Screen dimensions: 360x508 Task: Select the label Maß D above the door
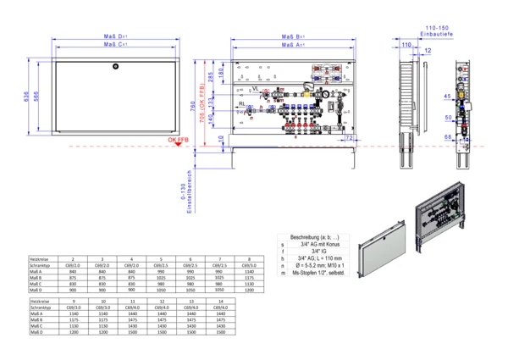[116, 37]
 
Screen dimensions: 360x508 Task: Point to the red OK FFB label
[179, 139]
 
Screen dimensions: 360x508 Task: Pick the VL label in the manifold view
[255, 88]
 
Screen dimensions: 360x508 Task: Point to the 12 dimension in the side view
[427, 52]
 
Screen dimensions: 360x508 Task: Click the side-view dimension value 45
[446, 95]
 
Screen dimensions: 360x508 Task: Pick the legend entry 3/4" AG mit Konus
[315, 244]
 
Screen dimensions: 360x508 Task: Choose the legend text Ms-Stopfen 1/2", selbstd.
[320, 273]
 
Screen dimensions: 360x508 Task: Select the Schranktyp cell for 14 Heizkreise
[221, 307]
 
